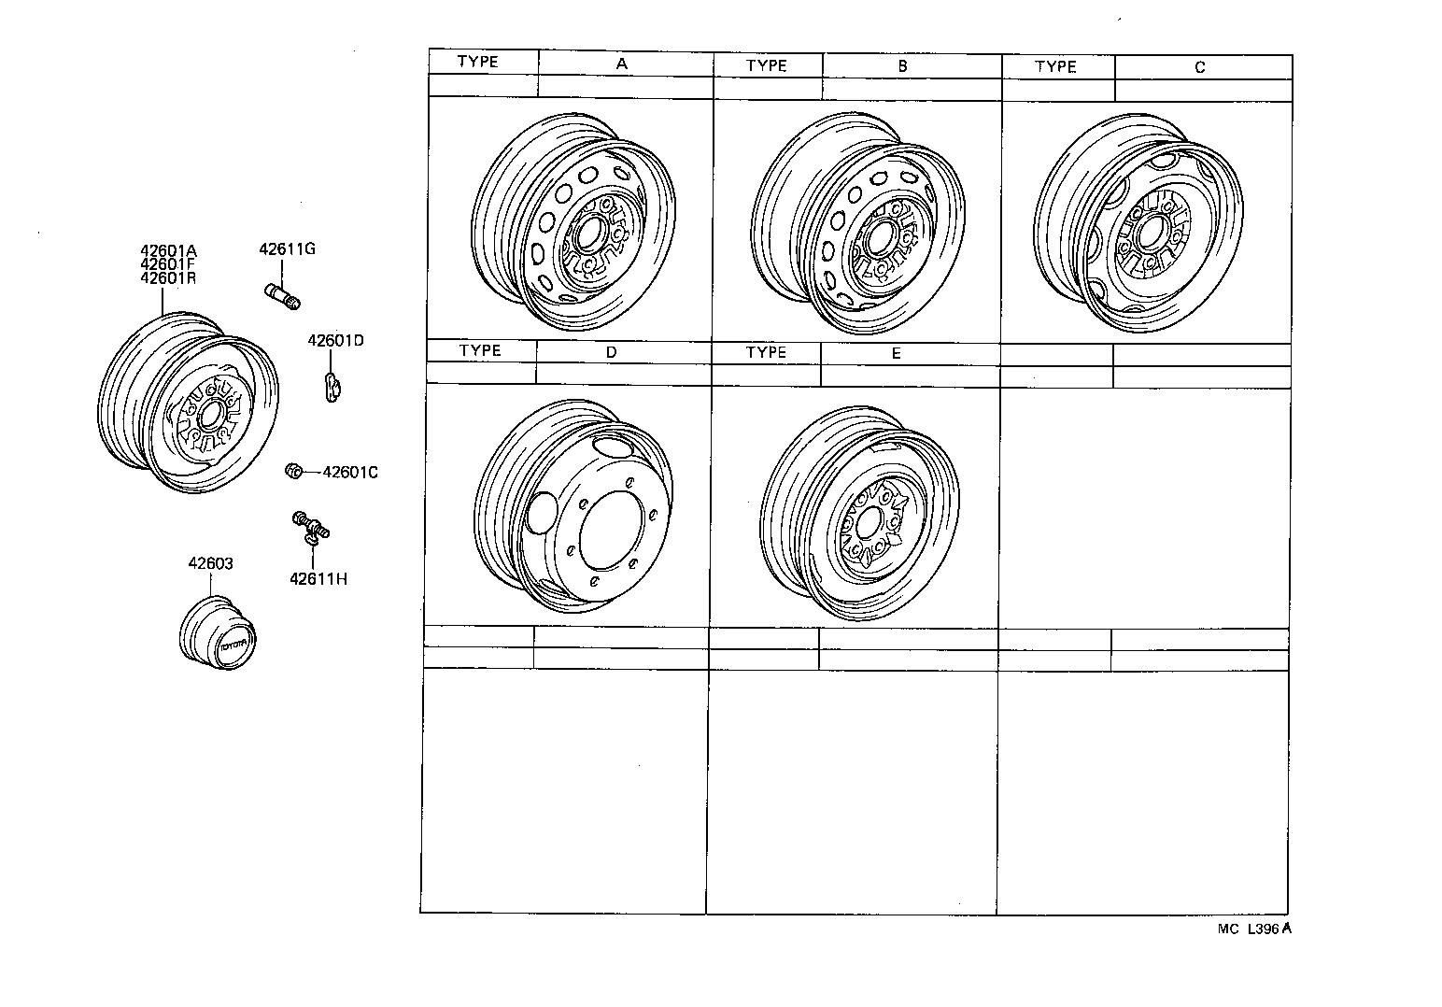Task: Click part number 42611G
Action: click(287, 249)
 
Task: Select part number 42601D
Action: click(335, 341)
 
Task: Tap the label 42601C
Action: click(349, 473)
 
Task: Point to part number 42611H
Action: click(318, 578)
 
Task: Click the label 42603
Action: click(210, 564)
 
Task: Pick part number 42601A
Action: click(169, 250)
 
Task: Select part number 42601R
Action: click(169, 277)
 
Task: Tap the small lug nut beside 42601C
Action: click(291, 471)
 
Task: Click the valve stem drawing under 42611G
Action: click(281, 294)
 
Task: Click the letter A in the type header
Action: click(622, 64)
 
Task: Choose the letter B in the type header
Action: click(902, 66)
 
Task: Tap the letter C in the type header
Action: click(1199, 67)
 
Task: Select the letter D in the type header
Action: click(611, 352)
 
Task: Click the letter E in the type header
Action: click(896, 353)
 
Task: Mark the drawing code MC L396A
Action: click(1253, 929)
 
